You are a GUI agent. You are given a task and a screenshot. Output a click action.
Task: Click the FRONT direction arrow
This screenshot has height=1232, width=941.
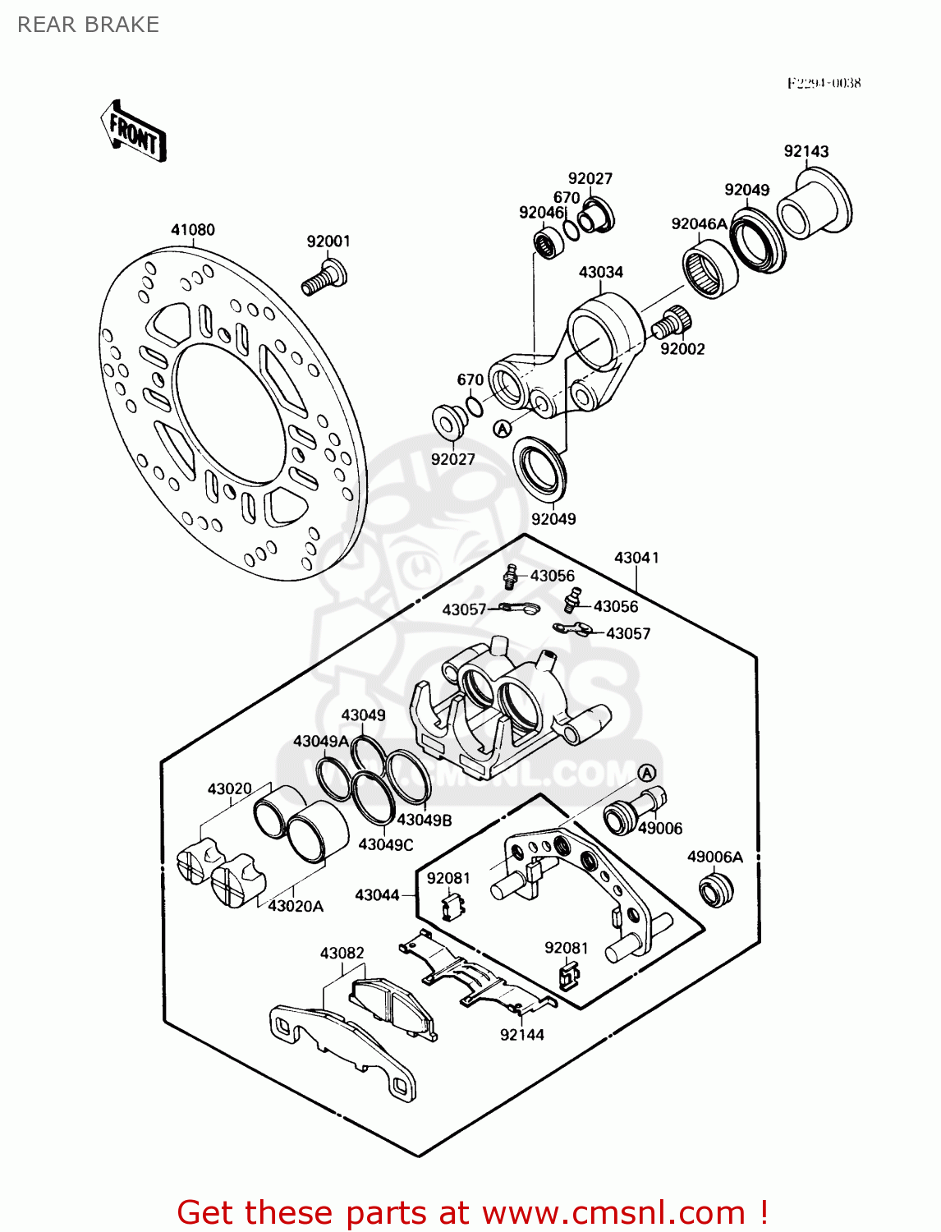point(134,131)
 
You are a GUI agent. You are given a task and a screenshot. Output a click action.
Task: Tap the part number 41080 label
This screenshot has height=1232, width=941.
point(193,230)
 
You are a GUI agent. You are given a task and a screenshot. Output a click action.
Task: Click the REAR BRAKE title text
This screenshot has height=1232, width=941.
point(88,25)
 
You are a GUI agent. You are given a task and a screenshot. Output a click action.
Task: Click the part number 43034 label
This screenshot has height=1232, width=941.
point(601,272)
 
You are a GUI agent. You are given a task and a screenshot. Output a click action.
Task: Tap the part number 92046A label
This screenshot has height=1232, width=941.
point(700,224)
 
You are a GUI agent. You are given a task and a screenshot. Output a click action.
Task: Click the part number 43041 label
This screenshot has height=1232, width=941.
point(636,558)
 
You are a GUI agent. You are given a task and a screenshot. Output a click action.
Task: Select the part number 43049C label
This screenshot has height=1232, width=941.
point(386,844)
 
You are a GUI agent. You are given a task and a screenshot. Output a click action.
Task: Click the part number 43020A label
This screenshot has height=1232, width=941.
point(296,906)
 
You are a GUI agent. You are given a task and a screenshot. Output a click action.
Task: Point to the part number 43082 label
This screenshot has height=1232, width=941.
point(342,953)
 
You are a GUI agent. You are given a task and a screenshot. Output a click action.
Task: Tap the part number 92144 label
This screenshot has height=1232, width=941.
point(522,1035)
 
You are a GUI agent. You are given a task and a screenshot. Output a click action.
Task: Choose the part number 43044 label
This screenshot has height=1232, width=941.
point(377,894)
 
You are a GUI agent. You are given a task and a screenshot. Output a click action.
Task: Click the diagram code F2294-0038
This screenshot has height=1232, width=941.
point(824,83)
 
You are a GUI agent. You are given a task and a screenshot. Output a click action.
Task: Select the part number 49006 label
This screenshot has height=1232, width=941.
point(660,828)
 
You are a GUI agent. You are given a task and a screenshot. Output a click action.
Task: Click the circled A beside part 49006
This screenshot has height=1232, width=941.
point(647,773)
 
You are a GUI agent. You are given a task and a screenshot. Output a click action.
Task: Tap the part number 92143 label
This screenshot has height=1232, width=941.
point(806,151)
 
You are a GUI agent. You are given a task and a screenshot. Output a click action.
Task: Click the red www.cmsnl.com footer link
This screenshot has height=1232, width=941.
point(613,1212)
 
